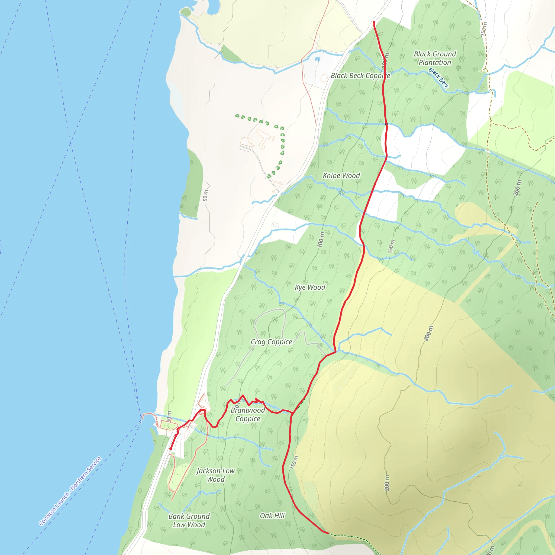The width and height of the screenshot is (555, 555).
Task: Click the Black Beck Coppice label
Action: pos(360,76)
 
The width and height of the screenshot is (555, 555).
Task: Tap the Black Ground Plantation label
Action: pos(435,58)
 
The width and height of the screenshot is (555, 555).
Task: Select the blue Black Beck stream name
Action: pos(438,78)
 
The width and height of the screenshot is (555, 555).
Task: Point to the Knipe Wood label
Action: pos(341,176)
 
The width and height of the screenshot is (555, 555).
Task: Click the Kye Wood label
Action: pos(310,287)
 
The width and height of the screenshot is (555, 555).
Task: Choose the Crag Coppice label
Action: pos(271,342)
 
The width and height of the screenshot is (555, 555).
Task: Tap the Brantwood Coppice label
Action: pos(248,414)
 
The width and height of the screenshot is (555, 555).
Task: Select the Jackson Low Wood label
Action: pos(215,475)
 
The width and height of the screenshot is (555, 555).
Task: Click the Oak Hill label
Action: pos(272,516)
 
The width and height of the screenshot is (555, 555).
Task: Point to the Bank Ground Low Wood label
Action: pos(189,520)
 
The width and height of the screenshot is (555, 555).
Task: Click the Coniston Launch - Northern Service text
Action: pos(70,491)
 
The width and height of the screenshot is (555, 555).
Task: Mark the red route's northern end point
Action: pos(374,22)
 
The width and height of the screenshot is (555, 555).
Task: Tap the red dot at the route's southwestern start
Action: pos(171,449)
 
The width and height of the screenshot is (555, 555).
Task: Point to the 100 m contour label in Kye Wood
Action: pos(321,240)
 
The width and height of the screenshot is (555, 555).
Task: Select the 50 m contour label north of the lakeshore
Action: pos(205,195)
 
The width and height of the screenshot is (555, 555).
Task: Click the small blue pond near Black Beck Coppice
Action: pos(317,59)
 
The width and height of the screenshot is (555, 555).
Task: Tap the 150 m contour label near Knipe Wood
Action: pos(391,246)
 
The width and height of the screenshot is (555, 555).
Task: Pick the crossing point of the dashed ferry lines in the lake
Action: pos(70,143)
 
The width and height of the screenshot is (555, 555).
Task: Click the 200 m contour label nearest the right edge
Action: pos(517,188)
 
